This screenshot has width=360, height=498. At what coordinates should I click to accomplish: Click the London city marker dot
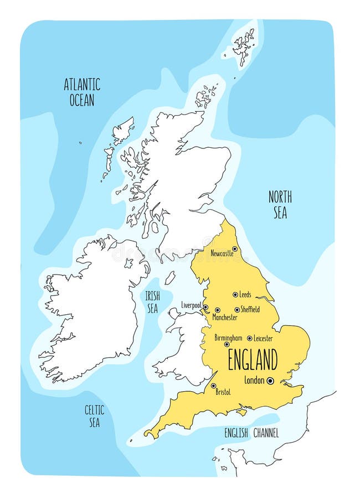click(270, 381)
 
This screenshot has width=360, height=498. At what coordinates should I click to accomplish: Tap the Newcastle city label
click(222, 253)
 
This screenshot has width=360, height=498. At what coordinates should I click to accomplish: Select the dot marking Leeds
click(235, 295)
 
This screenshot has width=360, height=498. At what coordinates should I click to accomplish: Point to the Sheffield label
click(250, 310)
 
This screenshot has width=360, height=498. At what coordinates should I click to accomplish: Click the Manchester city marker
click(218, 310)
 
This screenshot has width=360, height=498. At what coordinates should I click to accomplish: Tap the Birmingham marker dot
click(227, 344)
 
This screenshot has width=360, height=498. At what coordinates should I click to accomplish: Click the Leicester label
click(263, 338)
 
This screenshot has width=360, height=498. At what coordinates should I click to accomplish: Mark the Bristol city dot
click(214, 386)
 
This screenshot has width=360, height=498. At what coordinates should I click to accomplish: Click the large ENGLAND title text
click(253, 360)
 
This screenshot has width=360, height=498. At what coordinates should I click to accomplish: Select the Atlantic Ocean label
click(82, 92)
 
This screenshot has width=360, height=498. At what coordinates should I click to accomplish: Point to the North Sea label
click(280, 204)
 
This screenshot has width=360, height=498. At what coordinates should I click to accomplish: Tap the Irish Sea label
click(152, 302)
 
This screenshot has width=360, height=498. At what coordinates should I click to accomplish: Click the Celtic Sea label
click(94, 416)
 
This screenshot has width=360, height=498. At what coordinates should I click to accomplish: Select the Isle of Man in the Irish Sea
click(170, 278)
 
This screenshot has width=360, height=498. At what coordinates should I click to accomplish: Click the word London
click(254, 381)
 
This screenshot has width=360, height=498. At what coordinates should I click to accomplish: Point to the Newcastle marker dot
click(235, 249)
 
